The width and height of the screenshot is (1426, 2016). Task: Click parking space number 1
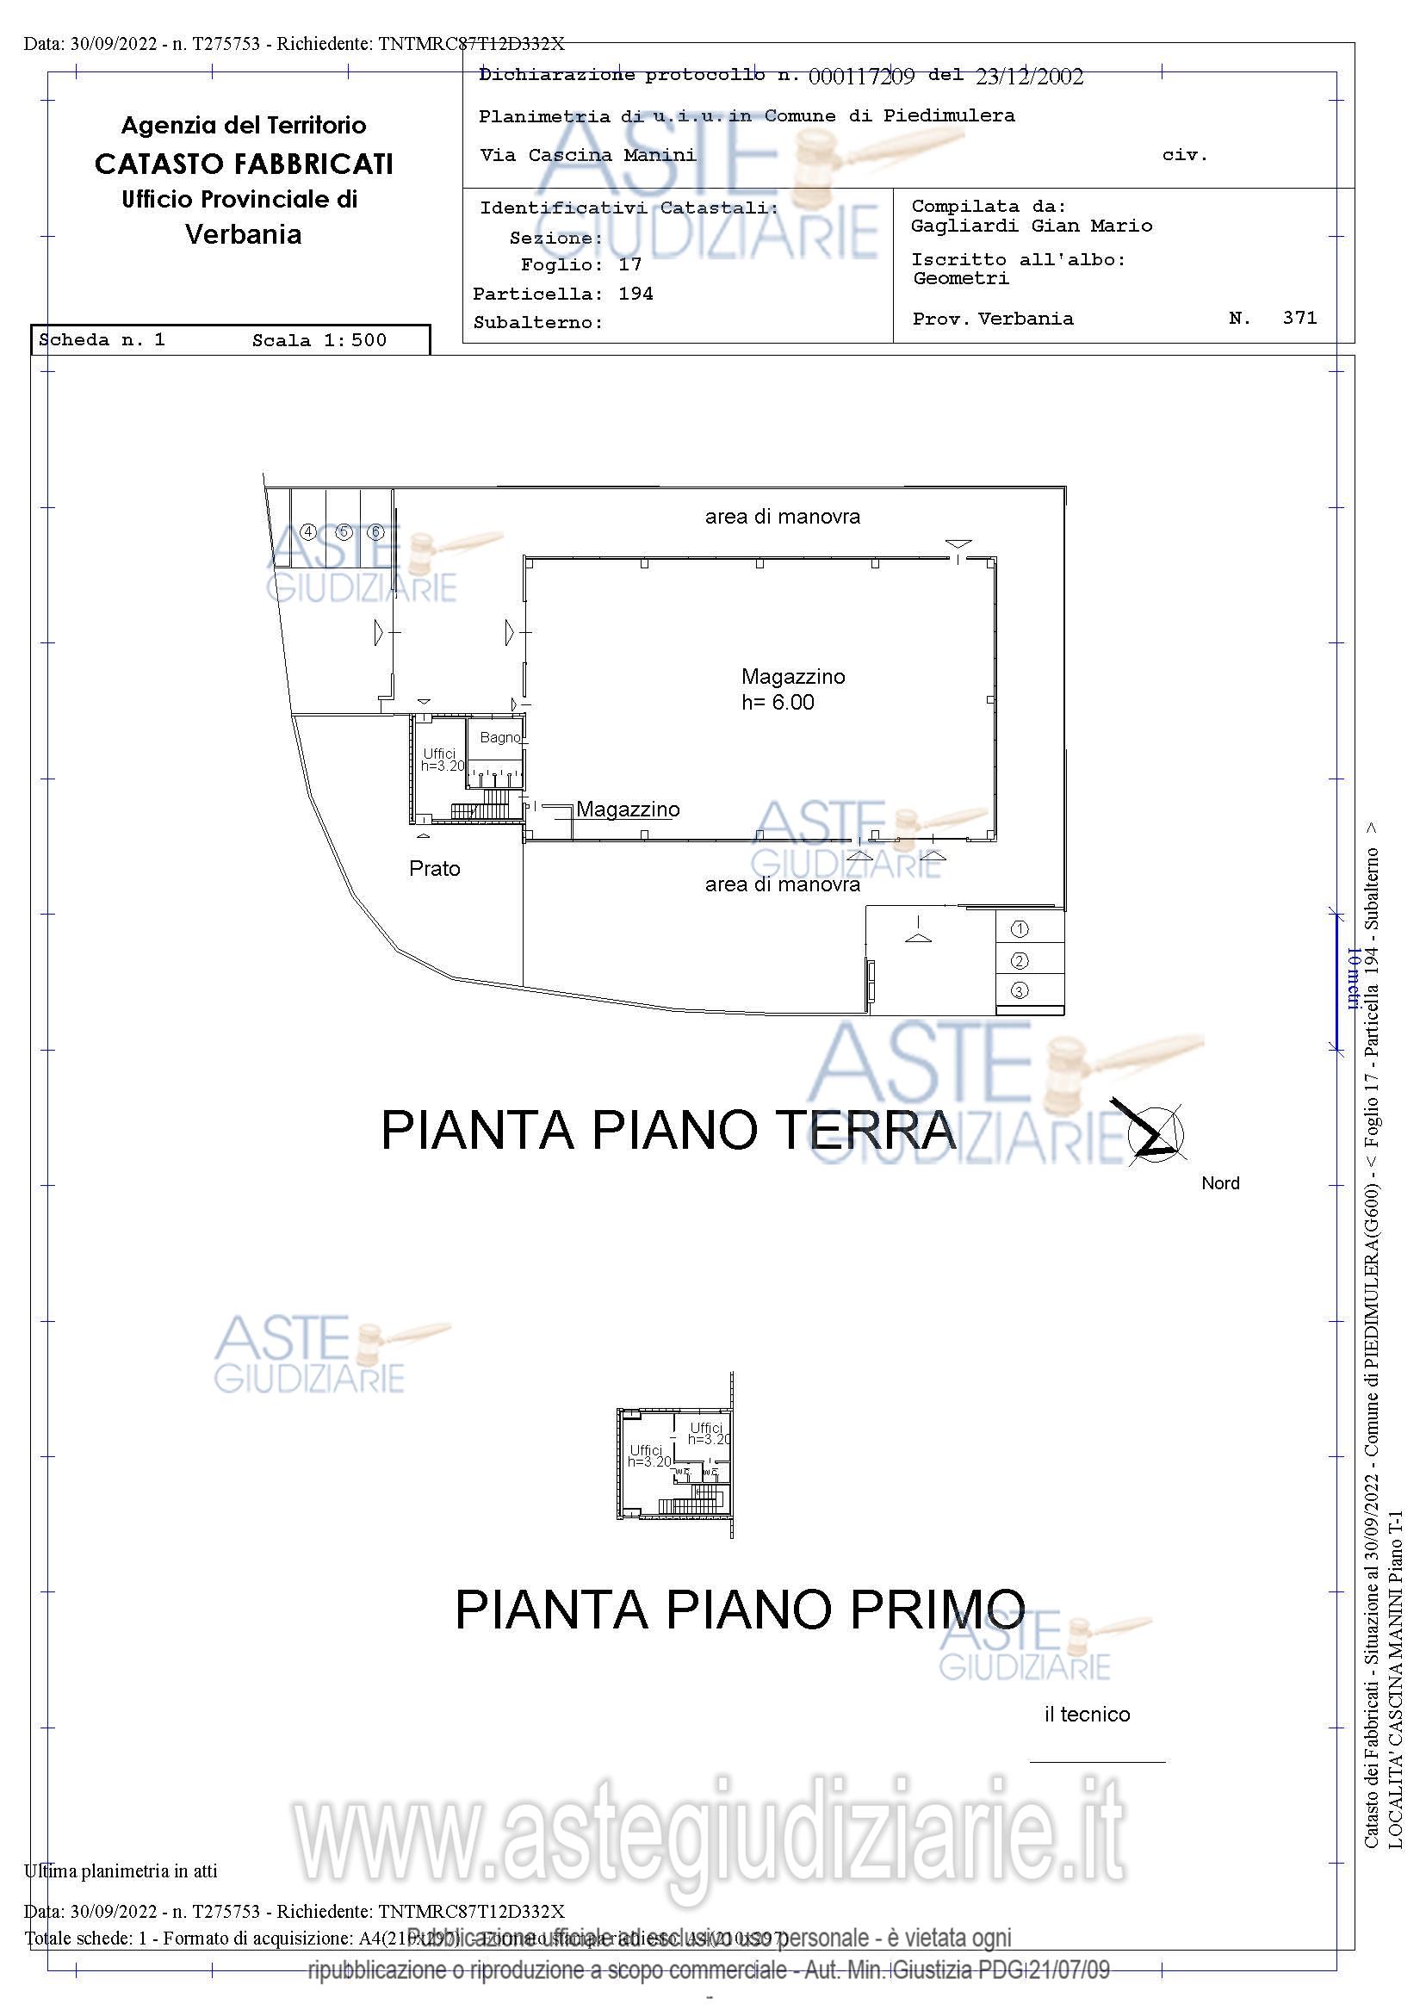coord(1019,928)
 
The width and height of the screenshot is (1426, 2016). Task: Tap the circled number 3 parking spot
coord(1019,990)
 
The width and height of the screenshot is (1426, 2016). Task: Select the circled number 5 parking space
coord(344,532)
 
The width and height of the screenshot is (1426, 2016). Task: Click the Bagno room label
coord(499,737)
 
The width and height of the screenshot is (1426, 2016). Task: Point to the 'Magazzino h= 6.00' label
coord(792,688)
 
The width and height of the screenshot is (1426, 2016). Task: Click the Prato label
coord(435,868)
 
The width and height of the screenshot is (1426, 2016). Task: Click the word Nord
coord(1219,1182)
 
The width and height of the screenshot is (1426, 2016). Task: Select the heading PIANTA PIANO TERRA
coord(667,1130)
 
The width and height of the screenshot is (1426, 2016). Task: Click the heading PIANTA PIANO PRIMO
coord(740,1609)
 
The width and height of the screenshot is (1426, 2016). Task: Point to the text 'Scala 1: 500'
coord(319,341)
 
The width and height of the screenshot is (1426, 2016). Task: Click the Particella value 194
coord(635,294)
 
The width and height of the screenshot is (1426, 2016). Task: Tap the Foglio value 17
coord(629,264)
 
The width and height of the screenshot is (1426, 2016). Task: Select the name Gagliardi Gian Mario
coord(1031,226)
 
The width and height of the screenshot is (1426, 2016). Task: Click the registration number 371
coord(1299,318)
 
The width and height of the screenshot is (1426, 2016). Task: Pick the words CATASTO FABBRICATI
coord(243,164)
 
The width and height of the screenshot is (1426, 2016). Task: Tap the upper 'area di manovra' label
coord(782,517)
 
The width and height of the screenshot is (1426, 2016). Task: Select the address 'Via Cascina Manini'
coord(587,155)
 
